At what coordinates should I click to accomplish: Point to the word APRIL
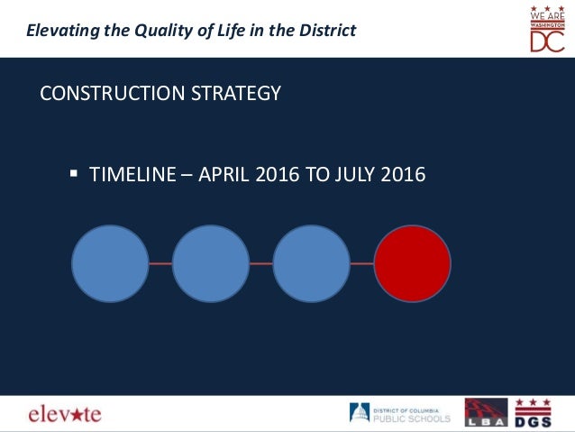(x=224, y=174)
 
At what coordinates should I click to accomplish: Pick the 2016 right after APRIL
(x=278, y=174)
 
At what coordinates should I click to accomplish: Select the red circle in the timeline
(x=412, y=263)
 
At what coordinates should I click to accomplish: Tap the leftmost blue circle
(x=110, y=263)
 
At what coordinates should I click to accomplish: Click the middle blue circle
(x=210, y=263)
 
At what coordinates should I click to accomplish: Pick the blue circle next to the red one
(x=311, y=263)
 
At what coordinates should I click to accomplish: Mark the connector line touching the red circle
(x=361, y=263)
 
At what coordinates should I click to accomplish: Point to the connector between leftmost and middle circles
(x=160, y=263)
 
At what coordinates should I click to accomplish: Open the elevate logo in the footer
(x=64, y=414)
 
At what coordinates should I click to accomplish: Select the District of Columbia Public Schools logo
(x=400, y=413)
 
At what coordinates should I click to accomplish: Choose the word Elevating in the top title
(x=60, y=31)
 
